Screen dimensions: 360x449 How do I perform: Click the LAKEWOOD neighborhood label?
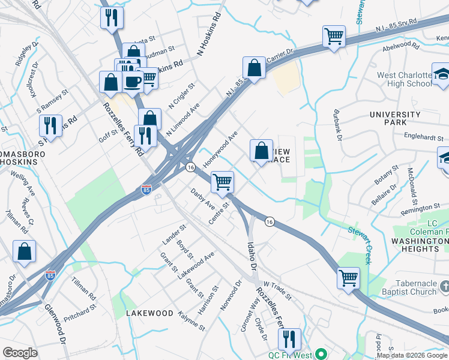tap(149, 313)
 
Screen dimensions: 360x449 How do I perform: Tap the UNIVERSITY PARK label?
tap(395, 118)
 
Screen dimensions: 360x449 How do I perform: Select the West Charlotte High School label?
tap(404, 79)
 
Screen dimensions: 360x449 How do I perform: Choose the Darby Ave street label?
tap(202, 199)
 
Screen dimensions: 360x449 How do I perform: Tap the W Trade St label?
tap(276, 289)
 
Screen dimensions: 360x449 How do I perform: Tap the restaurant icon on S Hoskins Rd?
tap(50, 125)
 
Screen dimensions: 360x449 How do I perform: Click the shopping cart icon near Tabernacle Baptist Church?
tap(348, 278)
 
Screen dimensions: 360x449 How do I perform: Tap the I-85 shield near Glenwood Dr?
tap(50, 276)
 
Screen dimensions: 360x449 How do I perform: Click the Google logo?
tap(20, 353)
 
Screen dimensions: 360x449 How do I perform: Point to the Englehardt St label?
tap(425, 137)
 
